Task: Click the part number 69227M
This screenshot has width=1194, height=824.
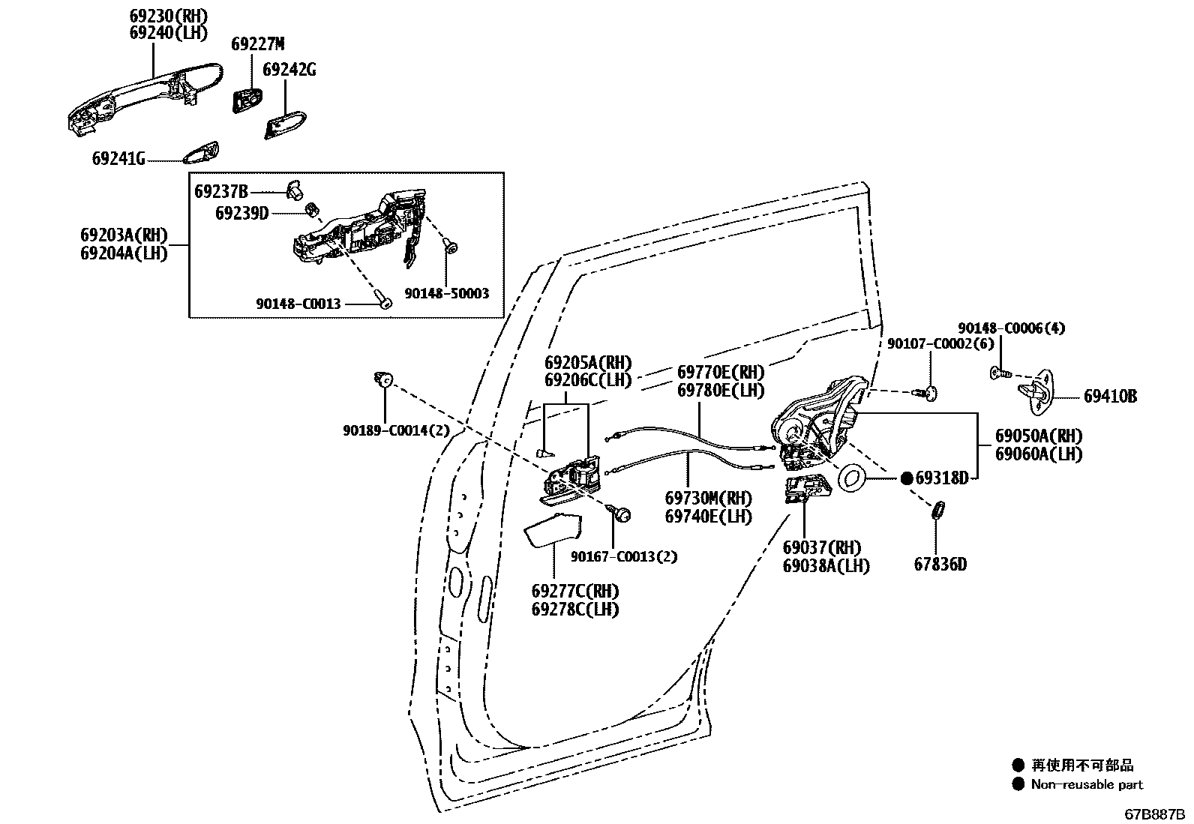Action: [x=257, y=43]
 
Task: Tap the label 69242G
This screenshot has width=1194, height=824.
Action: [x=289, y=70]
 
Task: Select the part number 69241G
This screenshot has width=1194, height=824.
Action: [x=118, y=159]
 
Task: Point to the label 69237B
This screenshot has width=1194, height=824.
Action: [x=221, y=191]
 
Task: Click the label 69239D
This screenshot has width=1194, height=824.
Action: [x=241, y=213]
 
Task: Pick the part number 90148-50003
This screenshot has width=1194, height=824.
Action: [x=446, y=294]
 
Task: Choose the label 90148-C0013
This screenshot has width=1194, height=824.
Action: [x=298, y=304]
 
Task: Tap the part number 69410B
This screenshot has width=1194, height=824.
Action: [x=1110, y=396]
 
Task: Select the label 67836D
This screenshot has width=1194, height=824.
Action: [x=940, y=564]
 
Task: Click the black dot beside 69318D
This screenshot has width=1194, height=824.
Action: [x=906, y=478]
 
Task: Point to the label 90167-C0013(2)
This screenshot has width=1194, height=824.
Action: [x=623, y=556]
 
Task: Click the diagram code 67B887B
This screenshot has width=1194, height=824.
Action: [x=1153, y=814]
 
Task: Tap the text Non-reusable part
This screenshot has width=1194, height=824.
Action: [x=1087, y=784]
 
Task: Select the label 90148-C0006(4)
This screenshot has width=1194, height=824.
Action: [x=1011, y=328]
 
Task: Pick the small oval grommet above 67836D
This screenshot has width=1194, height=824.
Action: [x=937, y=511]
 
